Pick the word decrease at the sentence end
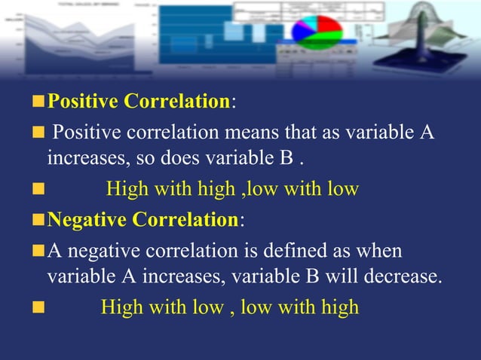point(403,276)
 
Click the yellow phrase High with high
point(170,189)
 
